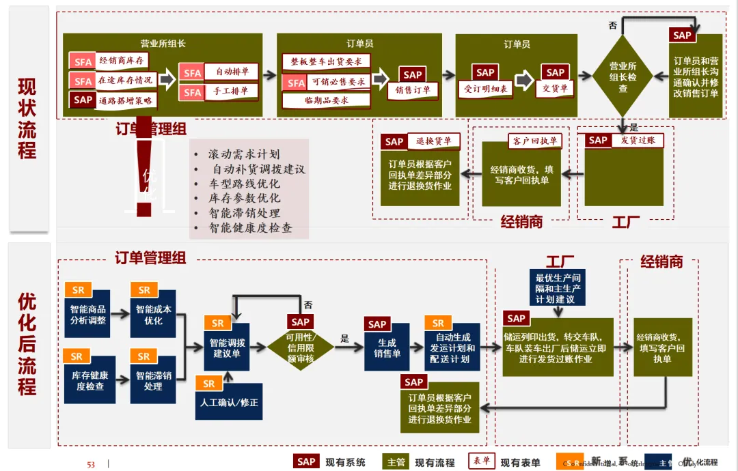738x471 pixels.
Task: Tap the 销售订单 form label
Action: [413, 89]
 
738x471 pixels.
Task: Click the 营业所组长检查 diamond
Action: [623, 78]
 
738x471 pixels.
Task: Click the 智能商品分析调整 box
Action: [88, 314]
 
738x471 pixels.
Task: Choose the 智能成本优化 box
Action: [153, 314]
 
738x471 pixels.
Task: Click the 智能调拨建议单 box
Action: [227, 347]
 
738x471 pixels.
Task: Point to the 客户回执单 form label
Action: [536, 141]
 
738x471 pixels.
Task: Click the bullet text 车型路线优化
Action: [244, 184]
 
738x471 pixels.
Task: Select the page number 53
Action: [91, 464]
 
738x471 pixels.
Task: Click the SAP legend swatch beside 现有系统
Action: [306, 461]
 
